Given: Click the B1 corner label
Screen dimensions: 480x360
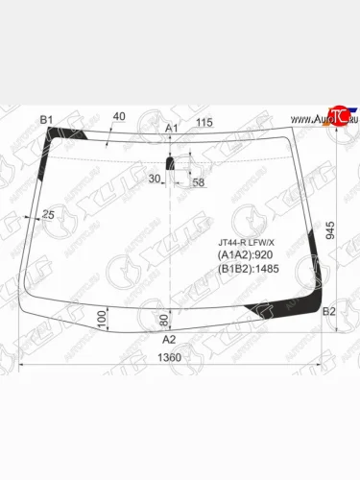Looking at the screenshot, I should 45,120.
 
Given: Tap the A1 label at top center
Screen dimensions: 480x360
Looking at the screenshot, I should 172,128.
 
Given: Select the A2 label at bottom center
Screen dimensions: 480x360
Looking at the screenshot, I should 169,340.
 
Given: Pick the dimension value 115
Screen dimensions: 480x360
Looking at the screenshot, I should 204,123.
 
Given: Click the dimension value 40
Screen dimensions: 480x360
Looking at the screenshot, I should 119,117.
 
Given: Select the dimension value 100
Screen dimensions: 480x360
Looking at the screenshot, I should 102,316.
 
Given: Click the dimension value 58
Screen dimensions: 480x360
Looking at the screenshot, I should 198,181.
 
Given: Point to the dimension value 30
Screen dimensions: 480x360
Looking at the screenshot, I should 155,179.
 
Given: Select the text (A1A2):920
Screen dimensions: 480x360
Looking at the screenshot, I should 247,256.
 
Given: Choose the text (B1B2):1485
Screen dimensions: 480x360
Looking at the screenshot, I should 251,271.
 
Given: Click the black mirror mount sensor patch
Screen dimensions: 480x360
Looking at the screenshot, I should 171,163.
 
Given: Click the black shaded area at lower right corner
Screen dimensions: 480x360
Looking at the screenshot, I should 288,309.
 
